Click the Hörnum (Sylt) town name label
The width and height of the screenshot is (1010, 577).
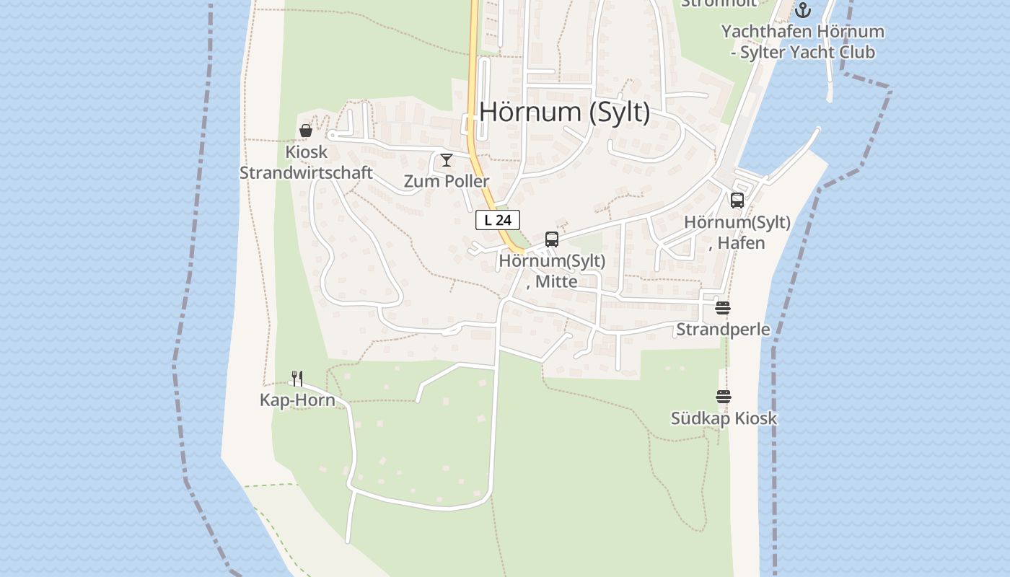(x=564, y=112)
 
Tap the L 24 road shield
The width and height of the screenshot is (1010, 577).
(x=498, y=220)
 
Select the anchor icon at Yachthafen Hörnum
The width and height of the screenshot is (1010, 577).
(x=803, y=10)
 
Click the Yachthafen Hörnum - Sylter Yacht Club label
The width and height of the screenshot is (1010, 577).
(x=802, y=42)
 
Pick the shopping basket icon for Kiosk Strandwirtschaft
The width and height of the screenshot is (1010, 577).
(x=306, y=131)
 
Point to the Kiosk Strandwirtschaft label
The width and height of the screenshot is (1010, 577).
(x=306, y=162)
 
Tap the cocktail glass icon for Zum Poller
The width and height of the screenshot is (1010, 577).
(x=447, y=159)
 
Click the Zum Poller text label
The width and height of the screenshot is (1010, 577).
(x=447, y=181)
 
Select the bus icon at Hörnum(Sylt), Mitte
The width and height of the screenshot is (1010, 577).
(x=552, y=239)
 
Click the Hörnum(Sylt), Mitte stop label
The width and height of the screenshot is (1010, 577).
(x=552, y=270)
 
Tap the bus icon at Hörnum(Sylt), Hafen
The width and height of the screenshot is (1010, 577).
(x=737, y=201)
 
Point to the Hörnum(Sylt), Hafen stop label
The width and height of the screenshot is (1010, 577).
(x=737, y=232)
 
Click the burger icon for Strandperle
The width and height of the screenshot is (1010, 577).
(x=723, y=308)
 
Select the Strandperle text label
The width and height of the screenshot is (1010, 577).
(x=723, y=330)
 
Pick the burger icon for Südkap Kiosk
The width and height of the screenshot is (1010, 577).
(x=724, y=397)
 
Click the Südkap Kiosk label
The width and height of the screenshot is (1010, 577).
(x=724, y=418)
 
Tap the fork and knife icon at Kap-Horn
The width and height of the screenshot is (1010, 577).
(x=297, y=378)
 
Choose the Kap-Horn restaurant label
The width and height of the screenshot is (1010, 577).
(x=297, y=400)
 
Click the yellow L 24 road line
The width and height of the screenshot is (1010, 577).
(x=473, y=87)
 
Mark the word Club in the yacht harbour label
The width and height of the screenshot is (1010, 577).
(x=853, y=52)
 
